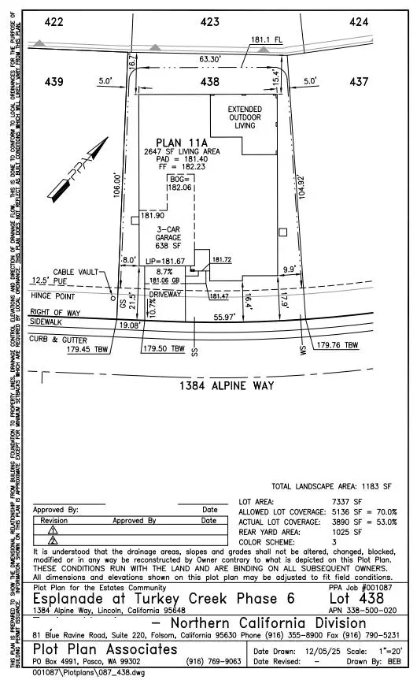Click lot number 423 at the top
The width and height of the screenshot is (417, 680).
pos(209,22)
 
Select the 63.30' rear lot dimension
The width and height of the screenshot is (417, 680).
pos(210,58)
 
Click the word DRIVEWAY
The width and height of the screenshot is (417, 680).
pos(167,293)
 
